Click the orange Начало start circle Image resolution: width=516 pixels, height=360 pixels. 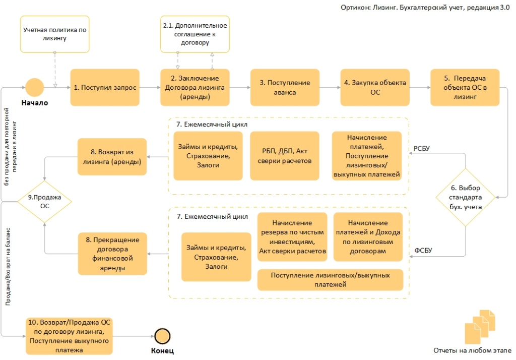point(35,87)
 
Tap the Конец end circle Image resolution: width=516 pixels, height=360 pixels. point(162,335)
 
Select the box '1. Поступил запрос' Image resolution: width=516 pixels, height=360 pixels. point(104,87)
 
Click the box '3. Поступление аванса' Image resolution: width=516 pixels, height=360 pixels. point(285,87)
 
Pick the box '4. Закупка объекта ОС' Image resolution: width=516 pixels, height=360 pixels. point(375,87)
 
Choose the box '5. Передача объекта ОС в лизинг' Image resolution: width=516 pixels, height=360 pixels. point(465,87)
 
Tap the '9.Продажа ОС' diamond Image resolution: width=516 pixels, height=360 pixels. point(44,202)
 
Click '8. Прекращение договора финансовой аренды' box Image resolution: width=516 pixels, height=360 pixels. point(111,252)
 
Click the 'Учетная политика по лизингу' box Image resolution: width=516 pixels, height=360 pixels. point(55,34)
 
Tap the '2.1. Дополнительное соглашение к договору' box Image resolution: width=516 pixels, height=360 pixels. point(195,34)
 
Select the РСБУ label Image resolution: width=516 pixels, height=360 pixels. point(421,148)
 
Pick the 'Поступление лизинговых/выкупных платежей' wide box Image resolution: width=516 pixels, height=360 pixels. point(331,280)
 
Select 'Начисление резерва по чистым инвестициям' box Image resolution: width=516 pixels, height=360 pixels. point(292,237)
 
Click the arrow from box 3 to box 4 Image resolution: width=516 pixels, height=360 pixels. point(330,87)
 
